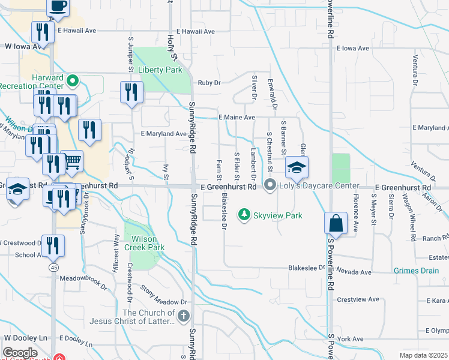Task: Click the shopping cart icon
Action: [x=71, y=160]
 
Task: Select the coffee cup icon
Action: [x=58, y=6]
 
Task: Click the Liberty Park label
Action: [x=160, y=70]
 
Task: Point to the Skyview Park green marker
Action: [x=244, y=214]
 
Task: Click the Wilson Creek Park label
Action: [x=144, y=242]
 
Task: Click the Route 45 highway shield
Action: [x=55, y=268]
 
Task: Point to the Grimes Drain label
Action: [x=416, y=271]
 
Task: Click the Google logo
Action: [x=20, y=352]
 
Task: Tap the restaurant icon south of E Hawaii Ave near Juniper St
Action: [x=131, y=92]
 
